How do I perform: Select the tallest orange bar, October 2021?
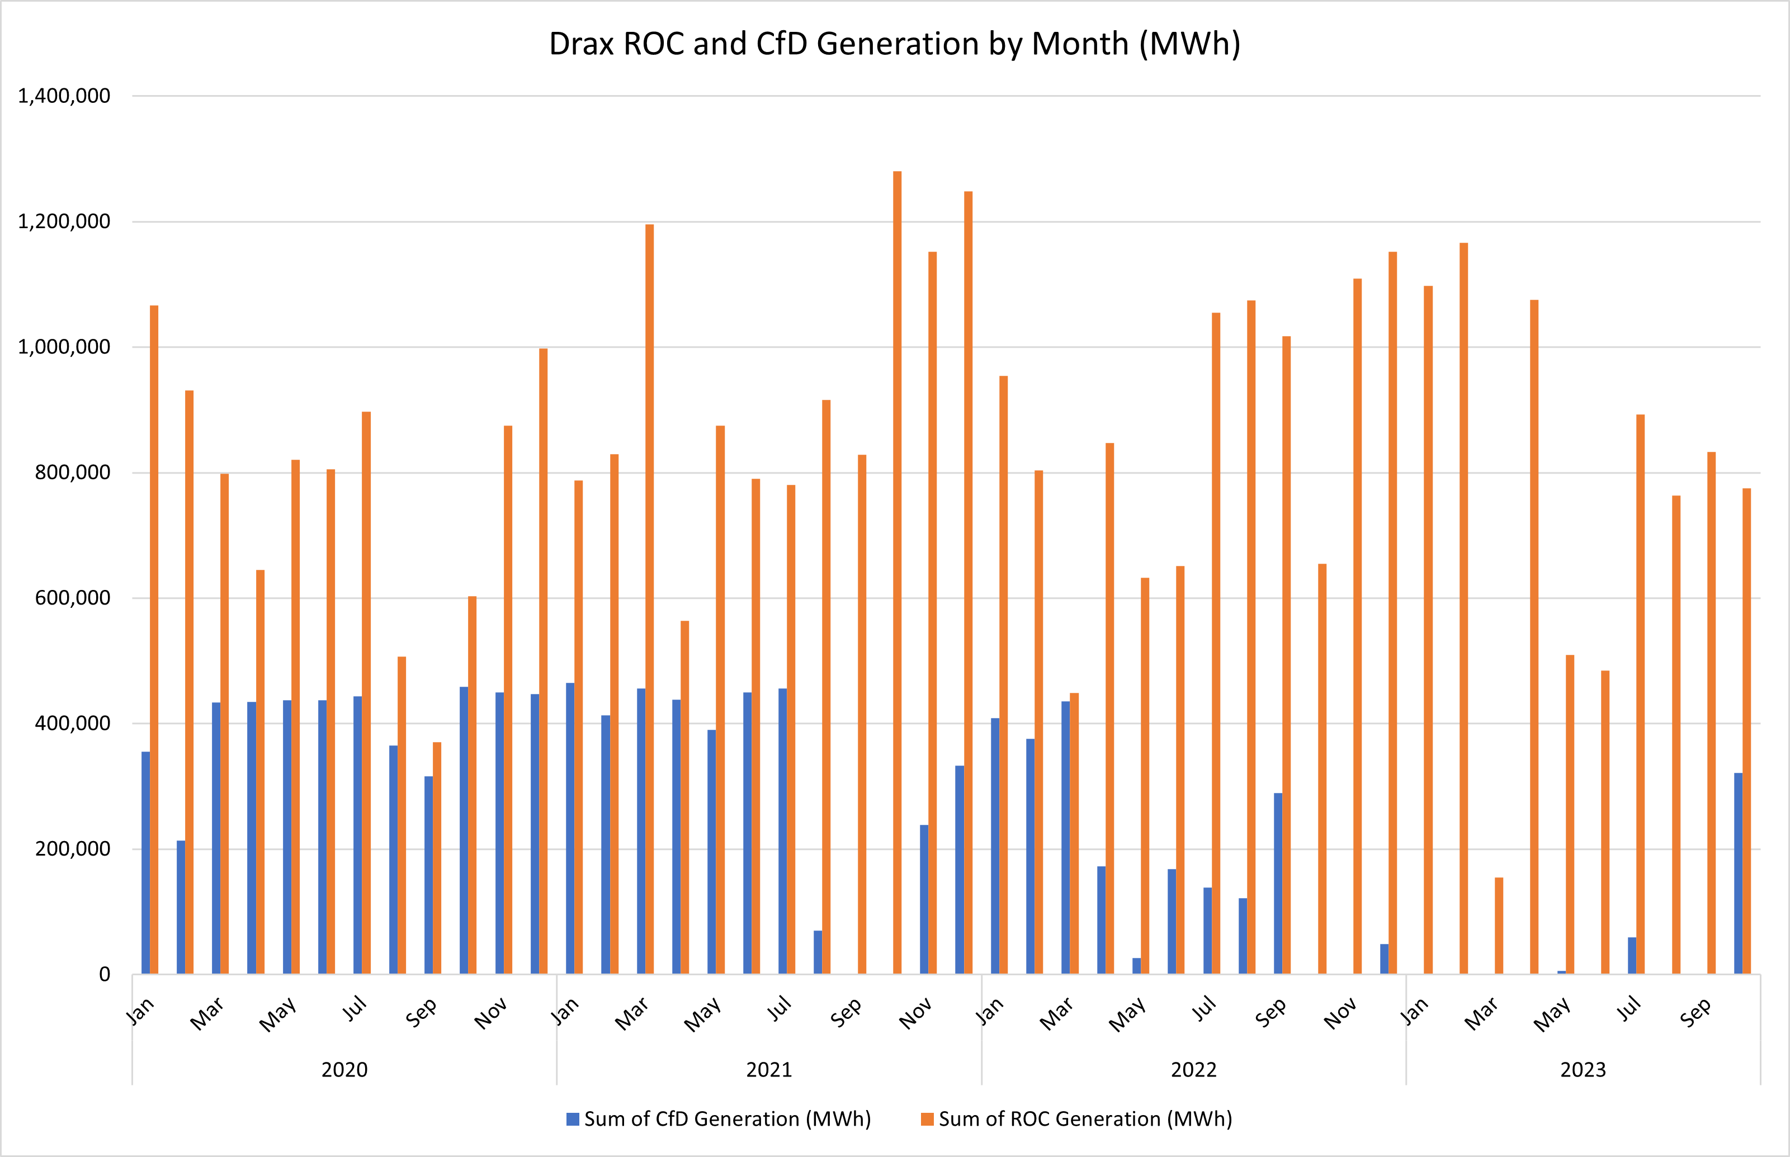point(897,571)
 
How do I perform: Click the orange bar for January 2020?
point(154,639)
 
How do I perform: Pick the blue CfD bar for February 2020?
point(181,907)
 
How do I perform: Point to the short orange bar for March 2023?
point(1499,925)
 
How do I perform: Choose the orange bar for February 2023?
point(1463,608)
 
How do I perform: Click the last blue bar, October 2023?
point(1737,873)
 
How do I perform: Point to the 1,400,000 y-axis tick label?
point(64,96)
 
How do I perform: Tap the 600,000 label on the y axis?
point(72,598)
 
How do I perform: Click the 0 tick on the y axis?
point(105,975)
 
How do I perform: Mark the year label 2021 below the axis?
point(768,1070)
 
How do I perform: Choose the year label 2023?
point(1583,1070)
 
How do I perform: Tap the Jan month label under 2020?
point(140,1011)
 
